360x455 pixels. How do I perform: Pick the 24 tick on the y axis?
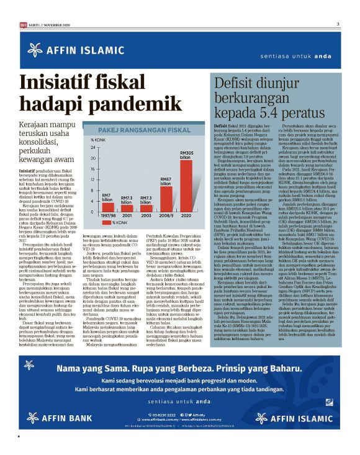[x=93, y=148]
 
